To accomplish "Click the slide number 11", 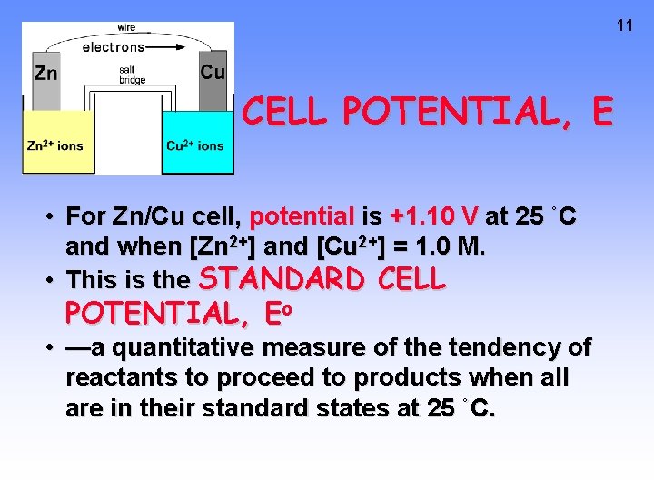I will pos(624,25).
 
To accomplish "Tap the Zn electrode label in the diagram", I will pos(45,73).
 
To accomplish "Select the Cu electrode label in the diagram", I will pos(213,72).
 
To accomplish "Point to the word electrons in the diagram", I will pos(114,47).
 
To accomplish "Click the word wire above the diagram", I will pos(126,28).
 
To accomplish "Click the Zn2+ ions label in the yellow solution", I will pos(54,145).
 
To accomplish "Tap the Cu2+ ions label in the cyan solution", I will pos(194,145).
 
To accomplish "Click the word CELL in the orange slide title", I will pos(287,112).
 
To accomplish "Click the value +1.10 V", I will pos(433,217).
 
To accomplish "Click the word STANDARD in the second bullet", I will pos(264,278).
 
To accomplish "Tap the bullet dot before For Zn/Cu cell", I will pos(54,217).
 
